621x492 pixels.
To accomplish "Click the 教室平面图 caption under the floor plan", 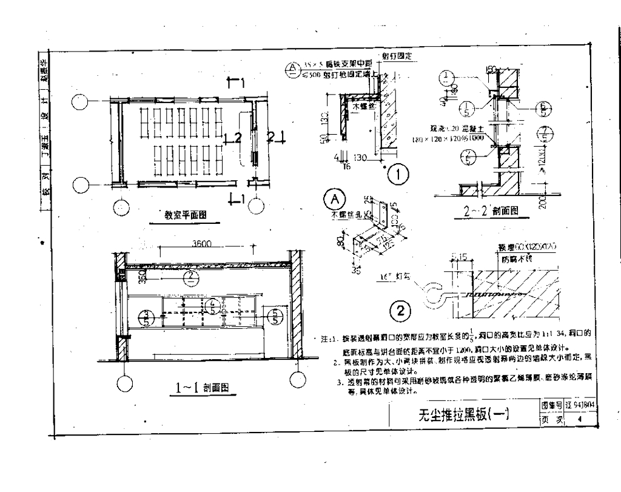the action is pyautogui.click(x=186, y=214).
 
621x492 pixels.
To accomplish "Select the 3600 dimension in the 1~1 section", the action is pyautogui.click(x=202, y=244).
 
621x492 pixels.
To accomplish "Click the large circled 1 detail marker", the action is pyautogui.click(x=398, y=176).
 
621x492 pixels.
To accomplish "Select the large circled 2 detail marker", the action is pyautogui.click(x=400, y=311).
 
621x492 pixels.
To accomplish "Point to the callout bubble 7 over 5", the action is pyautogui.click(x=544, y=135).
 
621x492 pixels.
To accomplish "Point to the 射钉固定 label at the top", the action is pyautogui.click(x=397, y=56).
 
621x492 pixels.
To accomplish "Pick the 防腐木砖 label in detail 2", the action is pyautogui.click(x=516, y=259).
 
